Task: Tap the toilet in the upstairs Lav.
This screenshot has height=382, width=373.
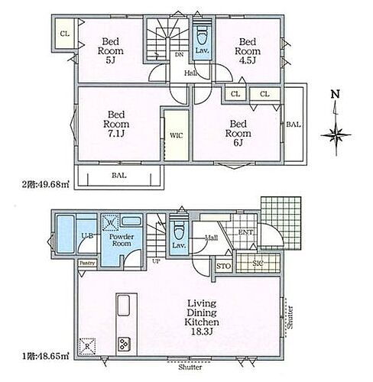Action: point(202,36)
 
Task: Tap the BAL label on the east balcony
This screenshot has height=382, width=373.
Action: point(292,122)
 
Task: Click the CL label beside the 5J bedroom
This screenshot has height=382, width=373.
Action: point(66,34)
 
